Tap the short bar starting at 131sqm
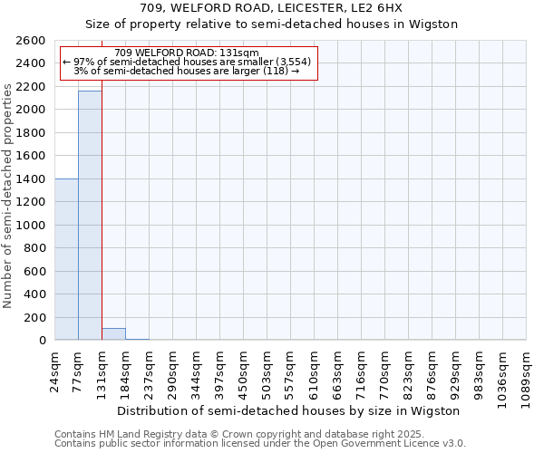(113, 334)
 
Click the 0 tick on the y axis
(43, 341)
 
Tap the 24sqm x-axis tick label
(55, 369)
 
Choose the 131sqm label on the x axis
(102, 371)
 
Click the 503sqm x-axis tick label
(267, 371)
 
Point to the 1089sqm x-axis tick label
(527, 374)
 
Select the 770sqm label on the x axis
(385, 371)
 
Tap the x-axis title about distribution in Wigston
(290, 411)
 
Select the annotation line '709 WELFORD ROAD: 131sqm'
(188, 53)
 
